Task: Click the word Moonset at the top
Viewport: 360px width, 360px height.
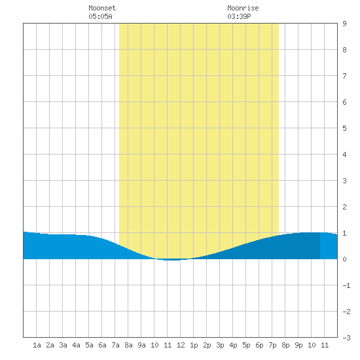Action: coord(102,8)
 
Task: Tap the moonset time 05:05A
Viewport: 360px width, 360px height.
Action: coord(100,16)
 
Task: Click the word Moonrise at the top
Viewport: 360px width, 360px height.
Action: coord(243,8)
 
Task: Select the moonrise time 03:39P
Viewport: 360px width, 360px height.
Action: coord(239,16)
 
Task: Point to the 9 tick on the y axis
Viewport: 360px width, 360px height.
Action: coord(344,24)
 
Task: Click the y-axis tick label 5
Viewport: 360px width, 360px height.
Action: coord(344,128)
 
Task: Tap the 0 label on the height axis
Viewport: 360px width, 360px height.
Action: coord(344,259)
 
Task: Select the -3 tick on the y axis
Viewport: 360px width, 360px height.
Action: coord(346,338)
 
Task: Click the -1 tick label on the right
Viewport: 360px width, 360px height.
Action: coord(346,285)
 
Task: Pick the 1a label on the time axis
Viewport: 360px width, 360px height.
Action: coord(37,345)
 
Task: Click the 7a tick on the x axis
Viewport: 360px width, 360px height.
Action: coord(115,345)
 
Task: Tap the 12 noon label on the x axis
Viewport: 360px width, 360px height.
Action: coord(181,345)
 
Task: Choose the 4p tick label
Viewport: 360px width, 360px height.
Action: coord(233,345)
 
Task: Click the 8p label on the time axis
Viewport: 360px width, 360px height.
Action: coord(285,345)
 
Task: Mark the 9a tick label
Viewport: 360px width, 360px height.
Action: coord(141,345)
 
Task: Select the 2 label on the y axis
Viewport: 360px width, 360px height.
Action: coord(344,207)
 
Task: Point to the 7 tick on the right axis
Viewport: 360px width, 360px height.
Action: coord(344,76)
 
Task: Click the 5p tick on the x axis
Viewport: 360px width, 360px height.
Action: coord(246,345)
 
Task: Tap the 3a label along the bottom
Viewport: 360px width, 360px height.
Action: coord(63,345)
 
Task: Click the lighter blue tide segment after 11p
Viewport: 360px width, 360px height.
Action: coord(329,246)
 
